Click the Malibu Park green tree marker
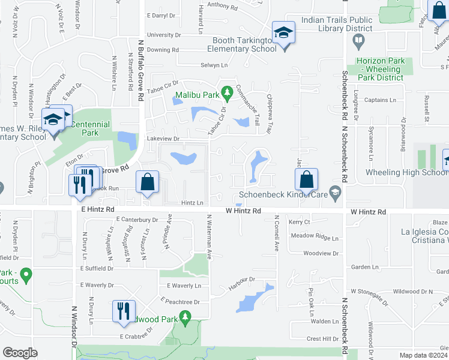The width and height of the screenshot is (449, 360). click(x=226, y=92)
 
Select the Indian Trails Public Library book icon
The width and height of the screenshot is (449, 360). click(x=359, y=41)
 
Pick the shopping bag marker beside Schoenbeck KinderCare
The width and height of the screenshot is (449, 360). click(x=306, y=178)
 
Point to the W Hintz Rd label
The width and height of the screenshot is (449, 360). click(x=243, y=211)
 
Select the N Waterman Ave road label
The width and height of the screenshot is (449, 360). click(x=209, y=236)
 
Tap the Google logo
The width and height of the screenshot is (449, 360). click(x=20, y=353)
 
